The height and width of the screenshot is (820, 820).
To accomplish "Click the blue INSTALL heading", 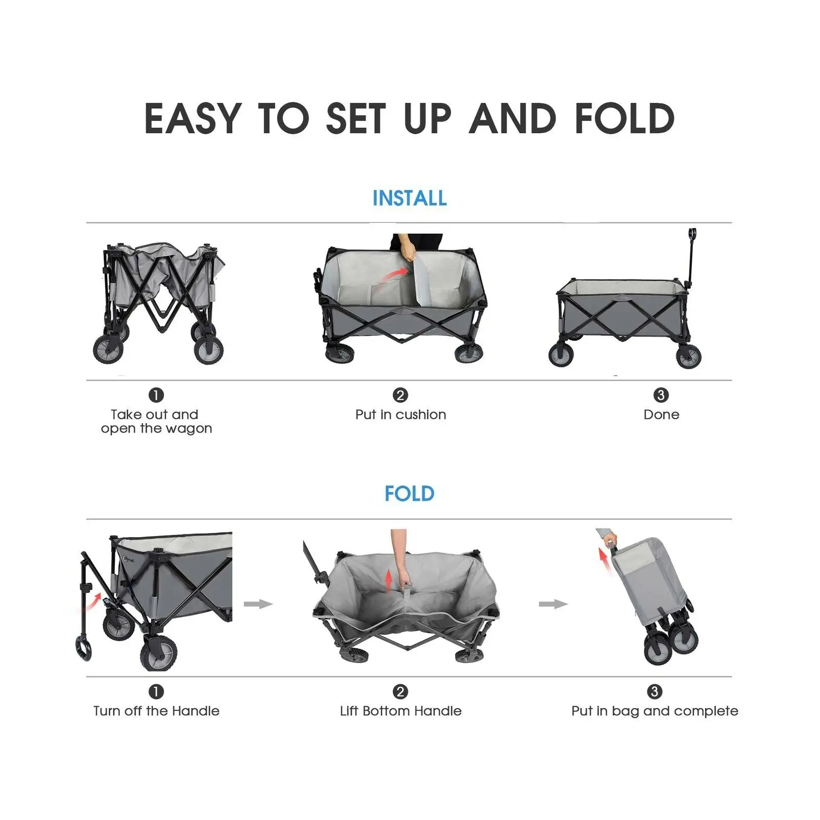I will tap(409, 198).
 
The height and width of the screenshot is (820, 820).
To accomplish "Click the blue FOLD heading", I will tap(409, 494).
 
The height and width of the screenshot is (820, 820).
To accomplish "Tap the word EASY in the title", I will tap(193, 118).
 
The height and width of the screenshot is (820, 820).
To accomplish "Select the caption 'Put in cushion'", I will tap(401, 415).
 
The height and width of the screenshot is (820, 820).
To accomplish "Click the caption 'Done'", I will tap(661, 415).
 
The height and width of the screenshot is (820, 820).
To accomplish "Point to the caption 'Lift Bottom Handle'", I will tap(401, 711).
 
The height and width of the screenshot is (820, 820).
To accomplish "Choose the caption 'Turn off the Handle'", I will tap(156, 711).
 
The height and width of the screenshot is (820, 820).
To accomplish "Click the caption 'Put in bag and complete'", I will tap(654, 711).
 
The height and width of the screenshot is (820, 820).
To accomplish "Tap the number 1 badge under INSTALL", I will tap(156, 395).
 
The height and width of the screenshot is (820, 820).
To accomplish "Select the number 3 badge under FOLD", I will tap(654, 691).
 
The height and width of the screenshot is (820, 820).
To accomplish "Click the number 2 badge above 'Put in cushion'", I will tap(400, 395).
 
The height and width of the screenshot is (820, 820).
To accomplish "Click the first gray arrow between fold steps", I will tap(258, 604).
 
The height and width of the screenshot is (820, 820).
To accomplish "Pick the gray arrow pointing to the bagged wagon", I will tap(553, 604).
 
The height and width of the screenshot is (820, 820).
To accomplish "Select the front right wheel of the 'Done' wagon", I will tap(688, 356).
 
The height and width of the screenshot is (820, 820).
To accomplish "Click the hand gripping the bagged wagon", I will tap(610, 540).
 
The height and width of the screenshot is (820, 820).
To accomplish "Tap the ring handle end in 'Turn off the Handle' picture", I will tap(84, 648).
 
